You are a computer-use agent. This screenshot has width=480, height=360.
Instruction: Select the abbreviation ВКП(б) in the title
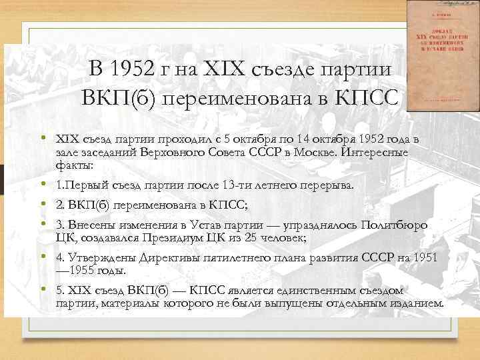coord(118,97)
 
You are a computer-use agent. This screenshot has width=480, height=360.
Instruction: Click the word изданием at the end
coord(415,303)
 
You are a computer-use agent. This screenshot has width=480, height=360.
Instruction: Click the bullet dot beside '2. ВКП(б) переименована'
coord(42,205)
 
